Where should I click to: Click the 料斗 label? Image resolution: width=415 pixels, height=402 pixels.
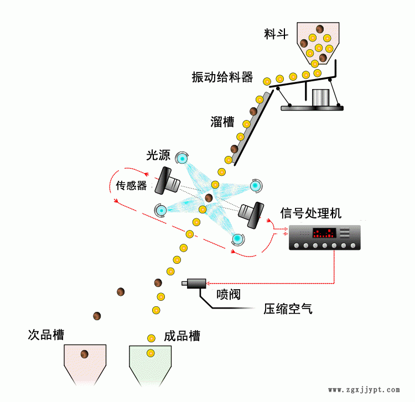[x=276, y=34]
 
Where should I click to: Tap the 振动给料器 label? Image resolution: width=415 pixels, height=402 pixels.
[x=222, y=77]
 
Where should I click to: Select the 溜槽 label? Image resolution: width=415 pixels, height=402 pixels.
[x=222, y=122]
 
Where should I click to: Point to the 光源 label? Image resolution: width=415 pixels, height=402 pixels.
[x=158, y=155]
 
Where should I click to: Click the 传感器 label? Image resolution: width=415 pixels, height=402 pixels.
[x=131, y=185]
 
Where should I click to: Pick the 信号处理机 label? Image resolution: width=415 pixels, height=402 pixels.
[x=311, y=213]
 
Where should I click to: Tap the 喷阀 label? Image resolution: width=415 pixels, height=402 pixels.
[x=229, y=294]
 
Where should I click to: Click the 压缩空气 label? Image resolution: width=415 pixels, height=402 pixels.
[x=288, y=309]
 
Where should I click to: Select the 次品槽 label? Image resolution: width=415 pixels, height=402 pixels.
[x=46, y=335]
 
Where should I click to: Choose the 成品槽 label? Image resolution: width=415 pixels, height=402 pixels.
[x=182, y=336]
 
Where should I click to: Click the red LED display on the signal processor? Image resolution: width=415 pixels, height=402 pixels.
[x=324, y=233]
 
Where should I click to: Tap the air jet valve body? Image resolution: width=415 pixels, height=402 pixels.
[x=196, y=284]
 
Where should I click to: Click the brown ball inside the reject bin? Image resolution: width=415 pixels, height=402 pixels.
[x=85, y=354]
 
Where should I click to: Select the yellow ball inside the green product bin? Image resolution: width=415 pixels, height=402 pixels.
[x=151, y=353]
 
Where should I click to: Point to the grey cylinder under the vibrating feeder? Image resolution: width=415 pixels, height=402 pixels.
[x=320, y=97]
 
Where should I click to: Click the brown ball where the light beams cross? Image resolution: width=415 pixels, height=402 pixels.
[x=209, y=197]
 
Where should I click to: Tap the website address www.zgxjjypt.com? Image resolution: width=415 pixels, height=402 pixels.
[x=364, y=390]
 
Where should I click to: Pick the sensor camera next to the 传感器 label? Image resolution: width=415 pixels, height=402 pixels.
[x=167, y=181]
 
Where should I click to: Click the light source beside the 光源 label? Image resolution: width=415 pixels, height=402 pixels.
[x=182, y=158]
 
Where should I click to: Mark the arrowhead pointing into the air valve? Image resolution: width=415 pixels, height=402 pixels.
[x=208, y=284]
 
